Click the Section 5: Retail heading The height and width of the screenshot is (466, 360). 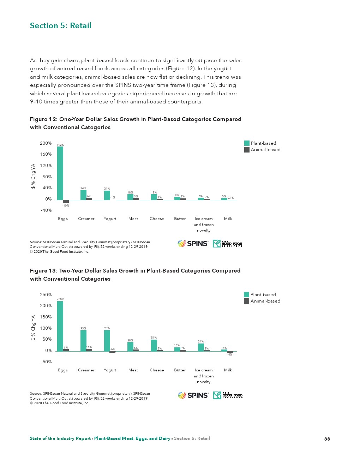(61, 26)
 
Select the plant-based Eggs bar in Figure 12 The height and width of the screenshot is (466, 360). (60, 173)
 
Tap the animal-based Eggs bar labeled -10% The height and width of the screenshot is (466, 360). (66, 201)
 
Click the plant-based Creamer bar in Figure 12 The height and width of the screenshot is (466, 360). (83, 195)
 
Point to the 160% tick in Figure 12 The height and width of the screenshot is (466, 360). (46, 154)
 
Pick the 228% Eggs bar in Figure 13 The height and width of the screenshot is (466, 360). (60, 326)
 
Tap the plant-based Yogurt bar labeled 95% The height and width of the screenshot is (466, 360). (107, 341)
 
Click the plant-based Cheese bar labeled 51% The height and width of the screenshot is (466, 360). (154, 346)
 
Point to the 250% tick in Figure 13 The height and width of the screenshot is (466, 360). (46, 295)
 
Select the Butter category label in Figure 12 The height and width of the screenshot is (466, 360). (180, 219)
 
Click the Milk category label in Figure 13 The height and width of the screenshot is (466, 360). (228, 370)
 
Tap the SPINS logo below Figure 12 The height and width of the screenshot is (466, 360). (193, 244)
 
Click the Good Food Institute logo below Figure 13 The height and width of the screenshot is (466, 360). (228, 395)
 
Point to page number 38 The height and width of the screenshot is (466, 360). (327, 439)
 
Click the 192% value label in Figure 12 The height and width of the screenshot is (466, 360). (60, 145)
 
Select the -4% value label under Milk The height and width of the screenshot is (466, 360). (230, 354)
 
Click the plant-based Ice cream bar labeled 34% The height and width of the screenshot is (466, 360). (201, 347)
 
